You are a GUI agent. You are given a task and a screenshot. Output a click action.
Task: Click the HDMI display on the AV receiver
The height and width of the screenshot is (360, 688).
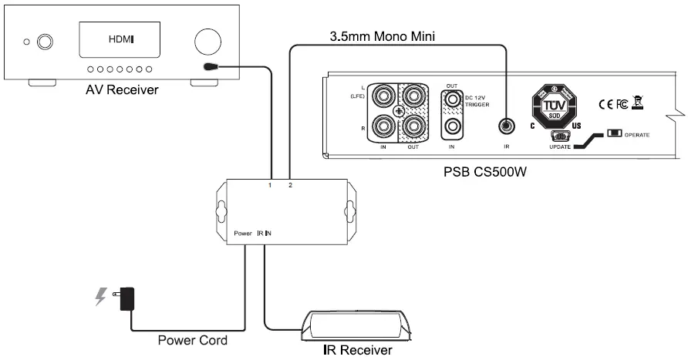coord(119,40)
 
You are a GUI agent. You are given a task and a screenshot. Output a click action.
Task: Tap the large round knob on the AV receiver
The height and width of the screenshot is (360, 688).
coord(207,41)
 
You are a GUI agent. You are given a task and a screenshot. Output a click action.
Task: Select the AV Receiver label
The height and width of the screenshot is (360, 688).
coord(123,91)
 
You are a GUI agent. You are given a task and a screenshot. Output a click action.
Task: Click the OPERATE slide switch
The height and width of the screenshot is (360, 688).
coord(615,134)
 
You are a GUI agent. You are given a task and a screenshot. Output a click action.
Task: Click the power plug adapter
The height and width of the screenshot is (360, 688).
coord(128,298)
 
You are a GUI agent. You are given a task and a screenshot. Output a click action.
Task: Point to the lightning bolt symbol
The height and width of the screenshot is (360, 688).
coord(100,297)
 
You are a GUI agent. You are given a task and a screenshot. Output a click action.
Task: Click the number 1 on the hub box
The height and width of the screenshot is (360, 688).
coord(270,186)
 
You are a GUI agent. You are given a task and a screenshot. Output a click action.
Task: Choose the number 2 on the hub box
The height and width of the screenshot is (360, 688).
coord(289,186)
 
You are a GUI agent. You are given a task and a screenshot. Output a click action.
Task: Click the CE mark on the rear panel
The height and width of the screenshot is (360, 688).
coord(605,103)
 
